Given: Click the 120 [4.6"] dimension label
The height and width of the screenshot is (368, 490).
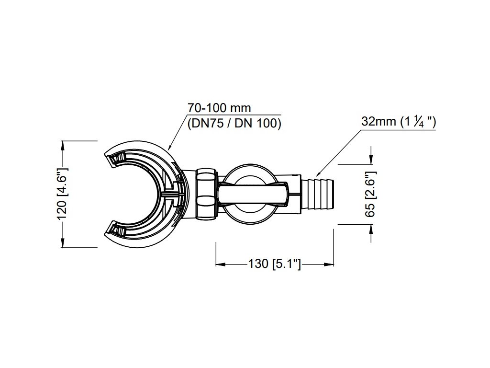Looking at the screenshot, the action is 63,194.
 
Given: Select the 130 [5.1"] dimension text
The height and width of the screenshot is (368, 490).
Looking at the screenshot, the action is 274,264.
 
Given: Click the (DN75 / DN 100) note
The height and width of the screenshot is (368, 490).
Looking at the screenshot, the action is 234,123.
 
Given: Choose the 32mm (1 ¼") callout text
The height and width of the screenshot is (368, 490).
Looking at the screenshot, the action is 398,122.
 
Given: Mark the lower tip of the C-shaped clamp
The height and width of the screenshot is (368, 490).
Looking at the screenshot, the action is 111,230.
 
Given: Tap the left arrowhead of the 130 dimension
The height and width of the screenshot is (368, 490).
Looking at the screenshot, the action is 219,264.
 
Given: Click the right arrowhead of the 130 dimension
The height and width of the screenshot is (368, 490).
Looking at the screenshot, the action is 330,264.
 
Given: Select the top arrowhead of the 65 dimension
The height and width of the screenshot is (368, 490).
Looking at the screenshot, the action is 371,161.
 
